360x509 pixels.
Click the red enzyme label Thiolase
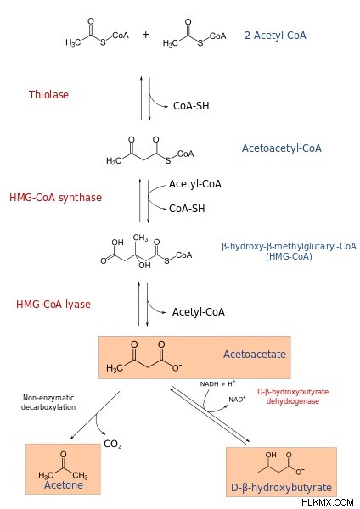pos(48,94)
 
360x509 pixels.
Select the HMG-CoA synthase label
pos(55,198)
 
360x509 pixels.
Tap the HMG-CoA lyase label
pos(53,305)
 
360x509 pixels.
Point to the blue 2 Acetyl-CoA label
pos(276,35)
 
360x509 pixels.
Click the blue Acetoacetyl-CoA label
pos(282,148)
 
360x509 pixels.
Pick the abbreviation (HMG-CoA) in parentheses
pos(289,256)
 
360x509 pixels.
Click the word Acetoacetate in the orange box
pos(255,354)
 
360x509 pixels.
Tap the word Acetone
pos(64,484)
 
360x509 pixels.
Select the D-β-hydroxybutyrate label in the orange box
pos(281,487)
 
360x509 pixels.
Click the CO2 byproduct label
pos(112,444)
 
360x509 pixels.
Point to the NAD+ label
pos(237,399)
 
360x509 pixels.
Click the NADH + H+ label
pos(217,383)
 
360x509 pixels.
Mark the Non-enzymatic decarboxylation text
pos(48,402)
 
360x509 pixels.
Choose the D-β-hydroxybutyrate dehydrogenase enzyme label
pos(293,396)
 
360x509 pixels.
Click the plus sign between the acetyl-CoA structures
pos(145,35)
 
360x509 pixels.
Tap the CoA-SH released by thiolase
pos(191,106)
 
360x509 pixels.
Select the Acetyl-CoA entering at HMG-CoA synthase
pos(195,184)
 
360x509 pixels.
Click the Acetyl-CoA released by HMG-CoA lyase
pos(199,312)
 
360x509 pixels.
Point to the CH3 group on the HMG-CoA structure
pos(140,238)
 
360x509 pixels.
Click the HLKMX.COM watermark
pos(327,502)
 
